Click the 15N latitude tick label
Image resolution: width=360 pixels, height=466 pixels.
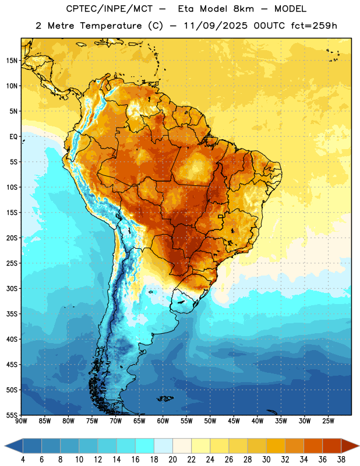click(x=12, y=61)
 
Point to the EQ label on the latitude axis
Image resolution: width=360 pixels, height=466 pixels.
click(x=13, y=137)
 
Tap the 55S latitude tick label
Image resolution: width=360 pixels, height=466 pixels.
click(x=12, y=415)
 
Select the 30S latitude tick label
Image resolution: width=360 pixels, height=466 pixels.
click(x=12, y=288)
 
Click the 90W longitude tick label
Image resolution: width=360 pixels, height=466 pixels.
click(x=21, y=421)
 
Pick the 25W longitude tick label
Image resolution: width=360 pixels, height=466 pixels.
click(x=328, y=421)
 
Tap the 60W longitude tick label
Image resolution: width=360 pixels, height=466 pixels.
click(x=163, y=421)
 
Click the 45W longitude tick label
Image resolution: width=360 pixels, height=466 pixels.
click(x=234, y=421)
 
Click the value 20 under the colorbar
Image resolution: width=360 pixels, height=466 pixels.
click(x=172, y=460)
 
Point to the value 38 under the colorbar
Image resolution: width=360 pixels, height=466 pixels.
click(x=341, y=460)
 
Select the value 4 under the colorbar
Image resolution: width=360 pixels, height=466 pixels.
click(x=23, y=460)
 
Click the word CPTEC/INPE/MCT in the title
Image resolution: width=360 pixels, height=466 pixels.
click(x=110, y=9)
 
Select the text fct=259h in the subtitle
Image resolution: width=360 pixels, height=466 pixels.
click(x=314, y=26)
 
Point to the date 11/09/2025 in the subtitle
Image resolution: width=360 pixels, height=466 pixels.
click(x=216, y=26)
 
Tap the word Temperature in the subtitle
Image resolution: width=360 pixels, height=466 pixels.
click(x=111, y=26)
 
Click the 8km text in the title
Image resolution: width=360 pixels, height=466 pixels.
click(x=243, y=9)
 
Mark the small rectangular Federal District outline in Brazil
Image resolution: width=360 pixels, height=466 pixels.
click(x=221, y=216)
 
